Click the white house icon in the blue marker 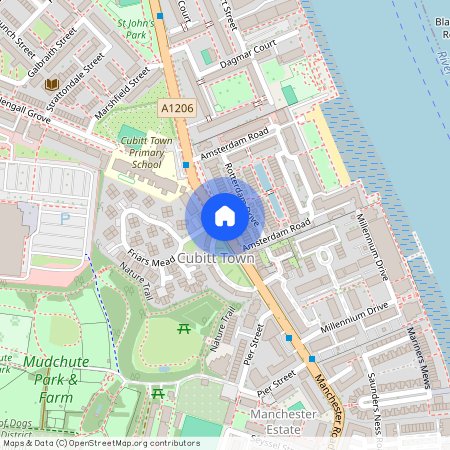224,215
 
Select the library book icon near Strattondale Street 51,85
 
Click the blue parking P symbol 66,218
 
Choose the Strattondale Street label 80,75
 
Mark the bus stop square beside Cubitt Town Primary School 186,164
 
